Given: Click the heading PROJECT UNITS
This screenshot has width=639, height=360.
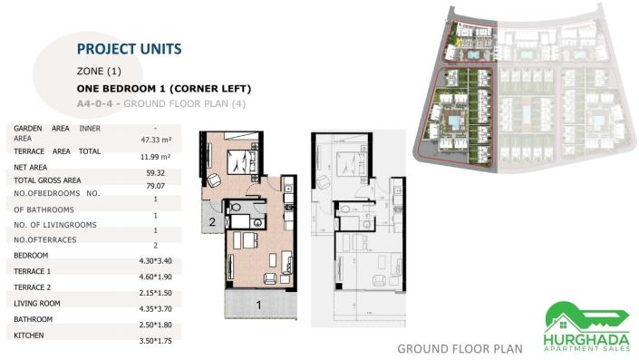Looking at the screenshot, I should [129, 48].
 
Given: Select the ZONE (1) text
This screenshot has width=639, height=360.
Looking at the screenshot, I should [99, 71].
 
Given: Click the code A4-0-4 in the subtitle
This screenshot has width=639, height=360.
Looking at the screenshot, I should [97, 102].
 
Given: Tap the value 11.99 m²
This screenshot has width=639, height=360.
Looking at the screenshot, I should [156, 157].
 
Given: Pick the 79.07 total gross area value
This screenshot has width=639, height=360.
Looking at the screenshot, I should [156, 187].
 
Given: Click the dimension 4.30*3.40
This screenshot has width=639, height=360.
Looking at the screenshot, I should [156, 261].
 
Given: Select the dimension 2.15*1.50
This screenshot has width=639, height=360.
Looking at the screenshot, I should [156, 292].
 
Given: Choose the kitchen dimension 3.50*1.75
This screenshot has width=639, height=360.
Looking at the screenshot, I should [156, 340].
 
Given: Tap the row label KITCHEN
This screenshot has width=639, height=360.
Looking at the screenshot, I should [31, 336].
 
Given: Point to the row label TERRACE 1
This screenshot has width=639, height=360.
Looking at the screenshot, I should [33, 271].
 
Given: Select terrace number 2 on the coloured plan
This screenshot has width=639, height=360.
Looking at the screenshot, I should [212, 220].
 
